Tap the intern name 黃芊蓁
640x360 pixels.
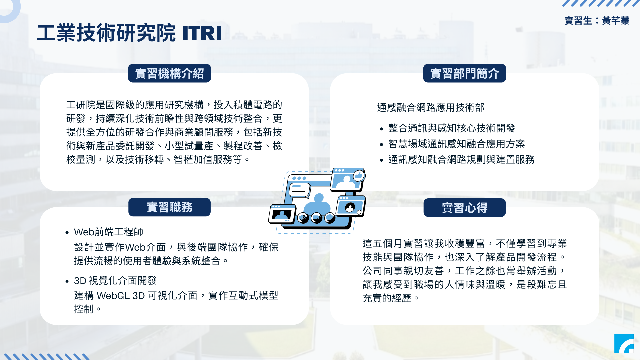[x=616, y=21]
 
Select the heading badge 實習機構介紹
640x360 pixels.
[x=169, y=73]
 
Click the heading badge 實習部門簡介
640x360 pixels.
[x=465, y=73]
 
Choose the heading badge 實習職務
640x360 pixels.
[x=169, y=207]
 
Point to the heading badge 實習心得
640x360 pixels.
[x=465, y=208]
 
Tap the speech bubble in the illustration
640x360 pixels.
[x=299, y=191]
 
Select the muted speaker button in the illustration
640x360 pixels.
[x=303, y=218]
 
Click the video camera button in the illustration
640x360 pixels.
[x=317, y=218]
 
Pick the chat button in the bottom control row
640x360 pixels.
[x=330, y=218]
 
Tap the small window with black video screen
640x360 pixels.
[x=282, y=214]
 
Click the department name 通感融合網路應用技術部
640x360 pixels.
[x=431, y=107]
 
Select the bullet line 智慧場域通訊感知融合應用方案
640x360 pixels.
[x=457, y=144]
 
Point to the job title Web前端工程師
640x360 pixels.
[x=109, y=232]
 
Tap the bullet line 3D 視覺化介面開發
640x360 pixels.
[x=115, y=280]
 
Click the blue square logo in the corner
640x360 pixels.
[x=624, y=344]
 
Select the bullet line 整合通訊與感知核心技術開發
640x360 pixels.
[x=452, y=128]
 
